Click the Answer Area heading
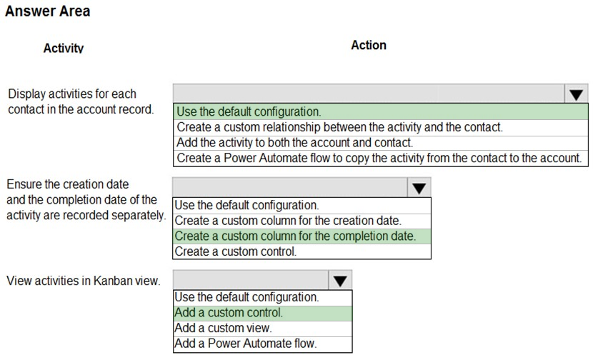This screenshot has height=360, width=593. (48, 11)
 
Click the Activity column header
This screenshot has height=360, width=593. (64, 48)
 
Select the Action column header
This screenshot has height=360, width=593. (369, 45)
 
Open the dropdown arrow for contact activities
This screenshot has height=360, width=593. (576, 94)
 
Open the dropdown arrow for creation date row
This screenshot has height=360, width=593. (419, 188)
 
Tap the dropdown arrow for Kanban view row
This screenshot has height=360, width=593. (340, 280)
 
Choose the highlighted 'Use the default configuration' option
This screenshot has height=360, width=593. (249, 111)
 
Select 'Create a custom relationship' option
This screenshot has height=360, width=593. (339, 127)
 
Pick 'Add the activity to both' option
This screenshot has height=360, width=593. (294, 143)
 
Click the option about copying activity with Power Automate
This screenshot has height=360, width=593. (379, 158)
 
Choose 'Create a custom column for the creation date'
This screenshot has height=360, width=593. (288, 221)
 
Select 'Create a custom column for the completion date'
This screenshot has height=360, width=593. (295, 236)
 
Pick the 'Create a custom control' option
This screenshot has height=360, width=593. (235, 251)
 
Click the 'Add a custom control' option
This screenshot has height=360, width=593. (229, 313)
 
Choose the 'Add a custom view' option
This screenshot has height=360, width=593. (223, 328)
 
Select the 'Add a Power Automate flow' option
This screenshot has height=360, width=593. (246, 344)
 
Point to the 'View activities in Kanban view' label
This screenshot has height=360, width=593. (84, 281)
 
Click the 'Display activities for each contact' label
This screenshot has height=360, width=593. (81, 101)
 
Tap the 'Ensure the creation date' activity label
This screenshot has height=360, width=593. (86, 199)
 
